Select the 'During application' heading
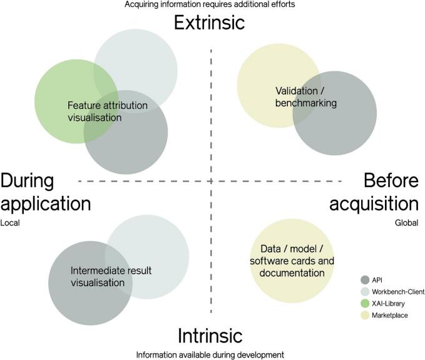click(46, 192)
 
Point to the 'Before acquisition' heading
click(383, 192)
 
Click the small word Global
click(407, 222)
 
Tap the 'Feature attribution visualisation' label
click(108, 111)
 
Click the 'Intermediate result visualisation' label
click(111, 277)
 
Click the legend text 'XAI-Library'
click(390, 304)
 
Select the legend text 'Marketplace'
click(391, 316)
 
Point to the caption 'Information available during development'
click(210, 354)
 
